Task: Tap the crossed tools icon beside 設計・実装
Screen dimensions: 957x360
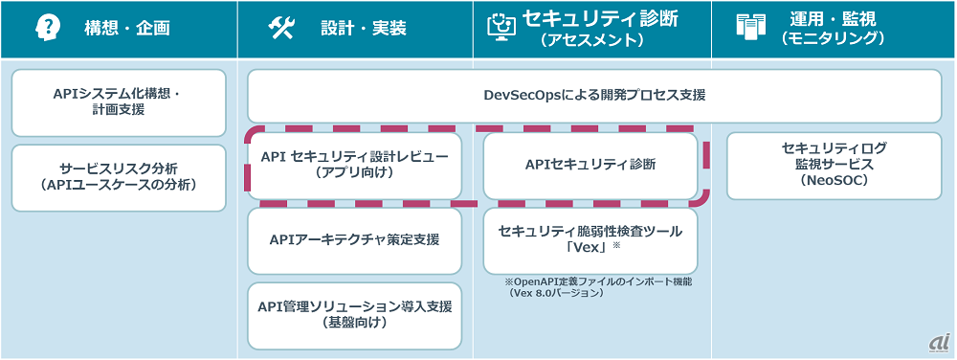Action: point(281,28)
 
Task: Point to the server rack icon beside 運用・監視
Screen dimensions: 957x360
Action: point(748,28)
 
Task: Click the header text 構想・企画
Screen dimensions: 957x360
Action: point(127,28)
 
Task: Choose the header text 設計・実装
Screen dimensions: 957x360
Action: point(364,28)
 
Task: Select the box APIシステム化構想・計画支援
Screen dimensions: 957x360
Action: point(119,102)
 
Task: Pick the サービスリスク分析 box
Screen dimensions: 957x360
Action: point(119,177)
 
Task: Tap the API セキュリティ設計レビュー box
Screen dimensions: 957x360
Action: point(355,164)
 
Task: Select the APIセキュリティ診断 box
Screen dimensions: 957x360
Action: point(590,164)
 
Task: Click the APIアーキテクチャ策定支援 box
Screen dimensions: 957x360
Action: point(355,240)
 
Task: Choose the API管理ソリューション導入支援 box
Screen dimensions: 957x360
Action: point(355,315)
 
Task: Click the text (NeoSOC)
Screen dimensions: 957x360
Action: point(834,181)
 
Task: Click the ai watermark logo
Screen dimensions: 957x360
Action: point(938,344)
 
